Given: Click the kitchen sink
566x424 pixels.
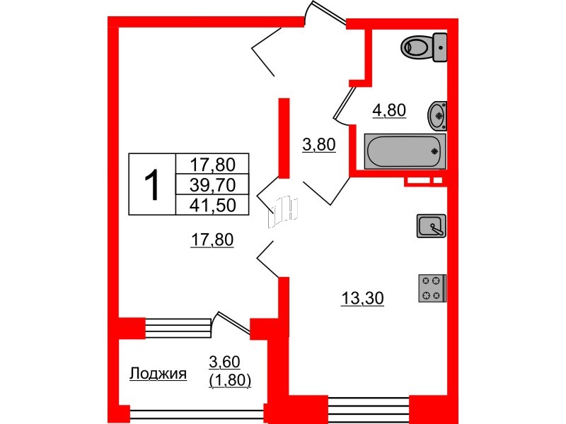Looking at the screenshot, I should coord(430,225).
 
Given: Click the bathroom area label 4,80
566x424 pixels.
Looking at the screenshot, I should coord(389,110).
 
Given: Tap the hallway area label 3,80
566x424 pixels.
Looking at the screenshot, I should coord(318,146).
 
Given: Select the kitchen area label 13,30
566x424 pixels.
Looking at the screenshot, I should coord(362,299).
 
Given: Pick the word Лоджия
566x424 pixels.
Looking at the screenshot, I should coord(158,374).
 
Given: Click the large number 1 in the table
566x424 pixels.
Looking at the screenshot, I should coord(151,184).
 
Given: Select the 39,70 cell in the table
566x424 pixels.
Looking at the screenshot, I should coord(212,185).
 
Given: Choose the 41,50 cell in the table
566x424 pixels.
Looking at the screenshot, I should coord(212,204).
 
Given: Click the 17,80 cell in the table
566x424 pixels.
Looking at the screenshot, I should coord(212,165).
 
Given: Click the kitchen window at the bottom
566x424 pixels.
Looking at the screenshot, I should coord(369,408).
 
